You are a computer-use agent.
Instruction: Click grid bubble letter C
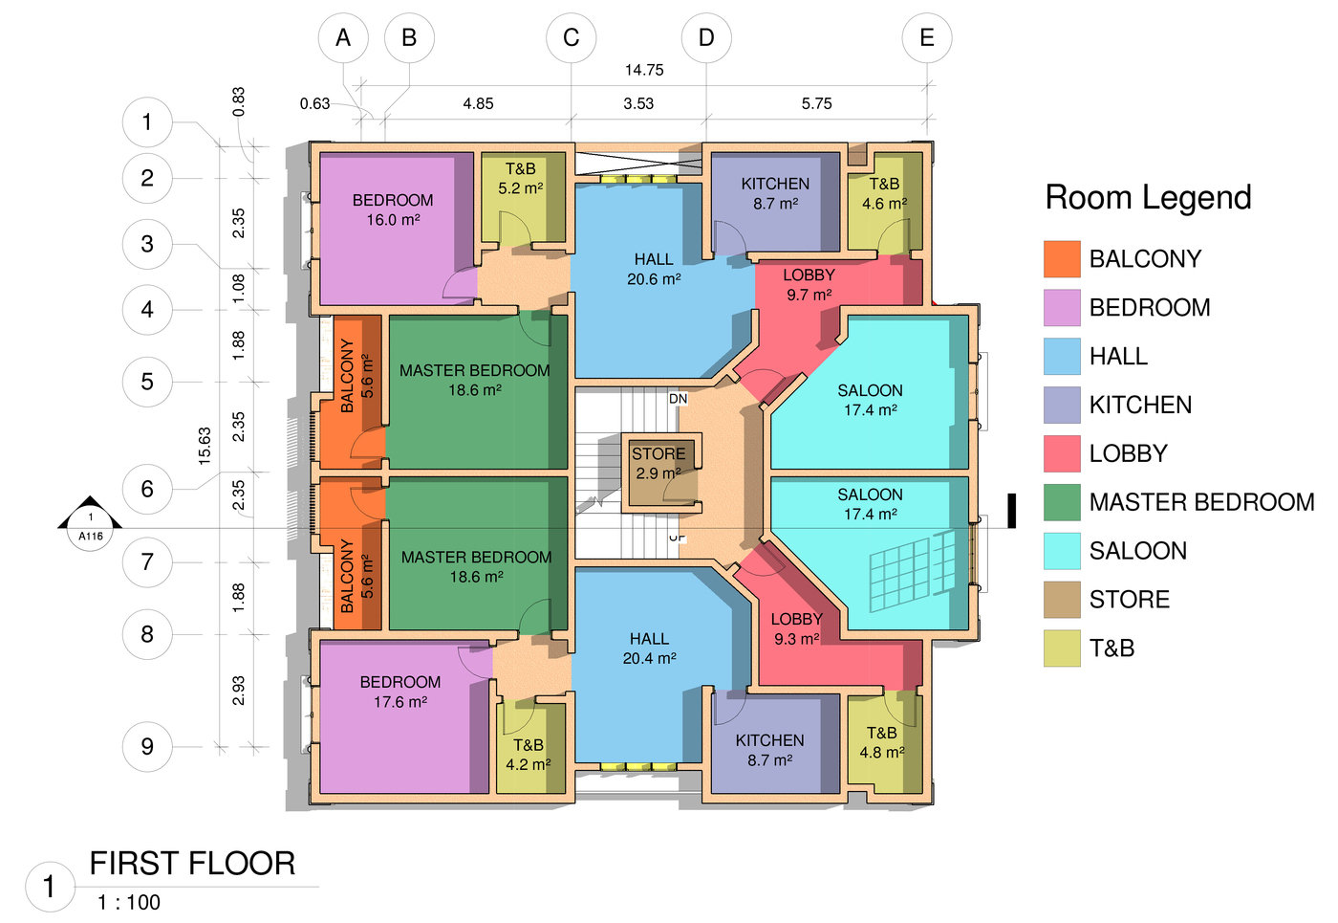click(x=571, y=38)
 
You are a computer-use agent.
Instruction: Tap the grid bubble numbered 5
click(x=147, y=382)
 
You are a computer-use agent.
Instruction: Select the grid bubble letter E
click(x=926, y=38)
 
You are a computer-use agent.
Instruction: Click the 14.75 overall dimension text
click(x=644, y=70)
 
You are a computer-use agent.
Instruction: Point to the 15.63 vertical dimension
click(x=205, y=447)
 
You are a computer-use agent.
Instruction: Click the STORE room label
click(x=658, y=454)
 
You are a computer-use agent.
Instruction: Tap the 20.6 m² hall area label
click(x=654, y=279)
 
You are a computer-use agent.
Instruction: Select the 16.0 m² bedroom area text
click(x=393, y=220)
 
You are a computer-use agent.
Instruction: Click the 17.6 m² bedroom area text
click(x=400, y=702)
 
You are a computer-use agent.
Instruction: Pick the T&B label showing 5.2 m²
click(x=520, y=179)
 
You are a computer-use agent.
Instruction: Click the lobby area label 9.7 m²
click(x=809, y=295)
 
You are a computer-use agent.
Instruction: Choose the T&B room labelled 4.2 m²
click(x=528, y=755)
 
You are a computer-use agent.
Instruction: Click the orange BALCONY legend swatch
click(x=1062, y=259)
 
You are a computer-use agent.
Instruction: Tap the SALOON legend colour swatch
click(x=1062, y=551)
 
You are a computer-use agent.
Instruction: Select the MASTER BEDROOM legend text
click(x=1201, y=502)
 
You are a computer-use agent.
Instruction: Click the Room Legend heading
click(x=1148, y=197)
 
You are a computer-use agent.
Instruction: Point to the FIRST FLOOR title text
click(x=192, y=864)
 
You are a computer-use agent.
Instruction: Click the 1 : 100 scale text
click(x=129, y=902)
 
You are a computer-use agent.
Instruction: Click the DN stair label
click(x=678, y=398)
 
